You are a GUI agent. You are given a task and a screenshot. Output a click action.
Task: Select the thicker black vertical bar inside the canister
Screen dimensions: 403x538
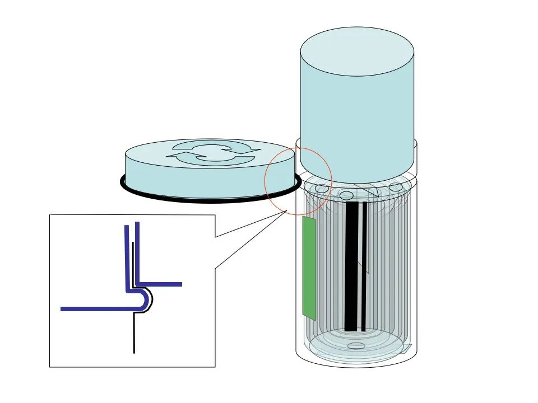351,266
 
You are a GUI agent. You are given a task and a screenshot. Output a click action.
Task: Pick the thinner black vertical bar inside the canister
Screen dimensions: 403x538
364,266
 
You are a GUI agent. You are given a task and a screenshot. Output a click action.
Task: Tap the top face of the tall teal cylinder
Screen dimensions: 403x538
357,51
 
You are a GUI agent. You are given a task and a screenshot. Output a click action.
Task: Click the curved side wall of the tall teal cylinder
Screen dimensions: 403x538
357,123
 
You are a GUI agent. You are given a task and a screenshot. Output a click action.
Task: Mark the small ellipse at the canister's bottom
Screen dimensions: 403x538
356,346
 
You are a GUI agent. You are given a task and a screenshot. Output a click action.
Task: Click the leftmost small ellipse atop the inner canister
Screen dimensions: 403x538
322,189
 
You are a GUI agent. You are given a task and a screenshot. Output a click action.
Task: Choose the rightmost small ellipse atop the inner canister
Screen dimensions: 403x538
396,187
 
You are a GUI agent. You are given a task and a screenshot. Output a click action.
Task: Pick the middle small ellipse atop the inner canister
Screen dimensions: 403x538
346,195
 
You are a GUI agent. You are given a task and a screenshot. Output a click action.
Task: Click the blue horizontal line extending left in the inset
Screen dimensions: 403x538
95,308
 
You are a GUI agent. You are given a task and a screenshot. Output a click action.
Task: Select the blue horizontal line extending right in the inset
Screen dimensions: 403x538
163,284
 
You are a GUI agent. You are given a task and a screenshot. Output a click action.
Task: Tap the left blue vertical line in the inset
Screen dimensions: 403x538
127,257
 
